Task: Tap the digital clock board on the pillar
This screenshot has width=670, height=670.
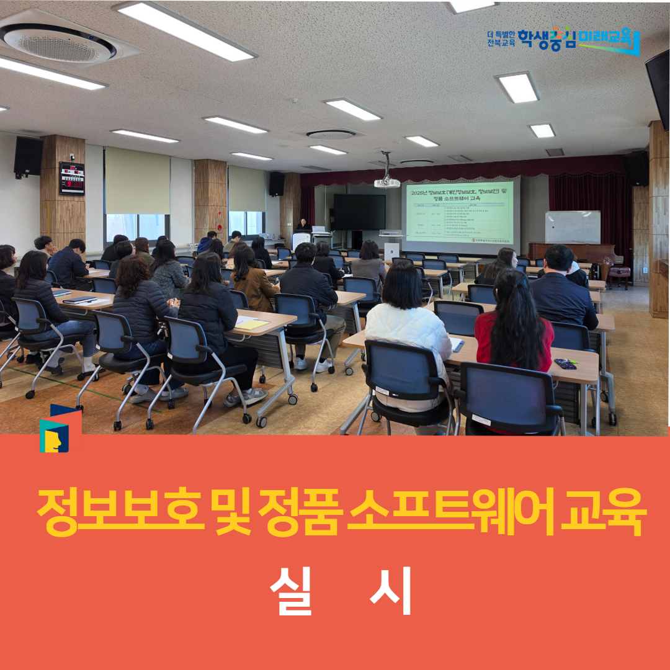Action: click(71, 178)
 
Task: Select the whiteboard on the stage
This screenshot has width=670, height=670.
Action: click(573, 227)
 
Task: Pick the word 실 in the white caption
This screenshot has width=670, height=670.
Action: click(290, 591)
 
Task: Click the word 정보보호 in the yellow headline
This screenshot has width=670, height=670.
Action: click(118, 512)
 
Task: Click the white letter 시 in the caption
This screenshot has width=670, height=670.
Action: click(390, 591)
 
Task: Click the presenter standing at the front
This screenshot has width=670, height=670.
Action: click(303, 226)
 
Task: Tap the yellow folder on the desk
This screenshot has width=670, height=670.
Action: click(252, 324)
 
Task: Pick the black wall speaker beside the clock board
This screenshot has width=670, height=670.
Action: click(29, 156)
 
